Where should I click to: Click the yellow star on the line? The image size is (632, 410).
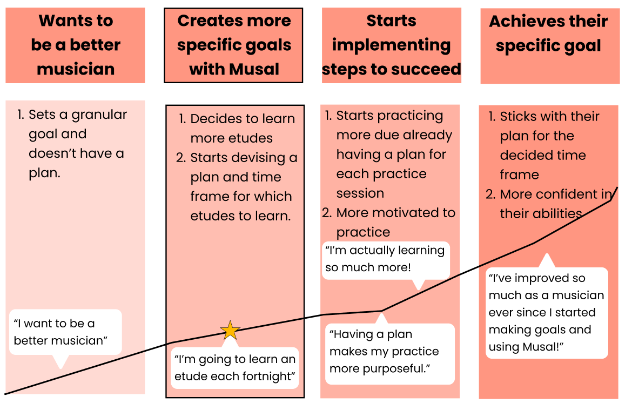pyautogui.click(x=230, y=330)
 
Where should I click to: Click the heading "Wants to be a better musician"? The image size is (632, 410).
pyautogui.click(x=76, y=45)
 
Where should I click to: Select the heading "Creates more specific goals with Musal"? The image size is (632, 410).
pyautogui.click(x=234, y=45)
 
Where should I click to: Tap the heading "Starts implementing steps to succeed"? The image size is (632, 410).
pyautogui.click(x=392, y=45)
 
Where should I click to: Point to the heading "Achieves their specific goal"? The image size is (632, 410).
pyautogui.click(x=548, y=33)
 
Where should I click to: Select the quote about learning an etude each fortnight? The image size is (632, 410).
pyautogui.click(x=235, y=368)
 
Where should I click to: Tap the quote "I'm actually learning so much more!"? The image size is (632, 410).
pyautogui.click(x=385, y=259)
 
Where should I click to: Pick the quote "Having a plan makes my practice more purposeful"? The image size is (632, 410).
pyautogui.click(x=384, y=351)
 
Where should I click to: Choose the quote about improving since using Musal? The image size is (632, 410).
pyautogui.click(x=546, y=312)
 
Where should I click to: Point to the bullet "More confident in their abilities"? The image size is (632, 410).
pyautogui.click(x=548, y=204)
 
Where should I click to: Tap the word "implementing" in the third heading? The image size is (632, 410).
pyautogui.click(x=391, y=45)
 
